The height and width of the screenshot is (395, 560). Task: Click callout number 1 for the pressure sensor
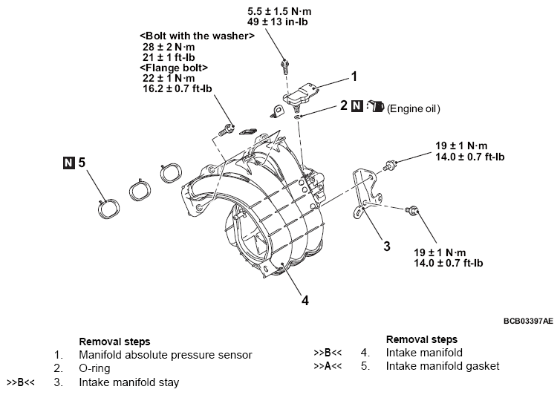[354, 76]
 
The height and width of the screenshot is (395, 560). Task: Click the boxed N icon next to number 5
[69, 161]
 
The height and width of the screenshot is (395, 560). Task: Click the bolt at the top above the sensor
[284, 65]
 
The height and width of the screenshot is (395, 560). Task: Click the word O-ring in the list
[94, 368]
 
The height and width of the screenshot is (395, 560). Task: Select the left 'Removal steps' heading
[114, 342]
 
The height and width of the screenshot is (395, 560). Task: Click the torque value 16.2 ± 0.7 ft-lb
[177, 88]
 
